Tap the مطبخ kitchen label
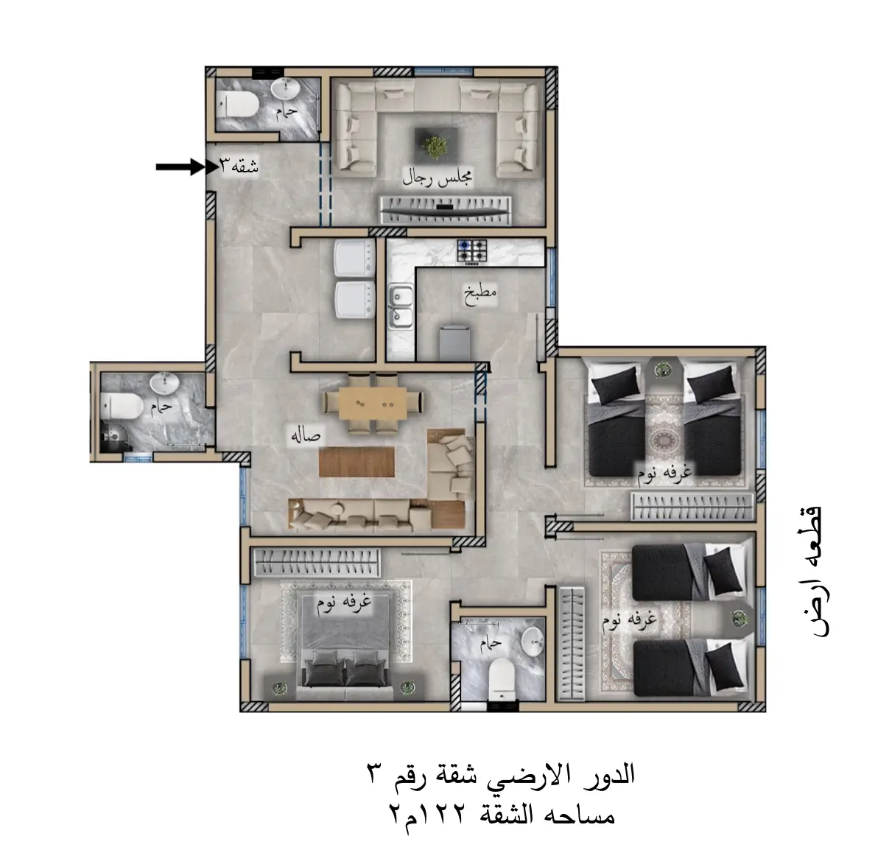click(480, 294)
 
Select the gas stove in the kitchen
click(472, 251)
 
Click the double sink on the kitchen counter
click(401, 306)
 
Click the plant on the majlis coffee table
click(435, 147)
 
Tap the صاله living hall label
click(305, 435)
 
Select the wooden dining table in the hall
click(373, 403)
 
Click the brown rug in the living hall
click(357, 461)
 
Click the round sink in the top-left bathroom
click(286, 88)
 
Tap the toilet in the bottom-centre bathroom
click(501, 678)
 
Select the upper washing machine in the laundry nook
click(354, 259)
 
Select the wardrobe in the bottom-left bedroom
click(317, 563)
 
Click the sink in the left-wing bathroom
click(165, 384)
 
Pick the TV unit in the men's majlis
click(445, 209)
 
